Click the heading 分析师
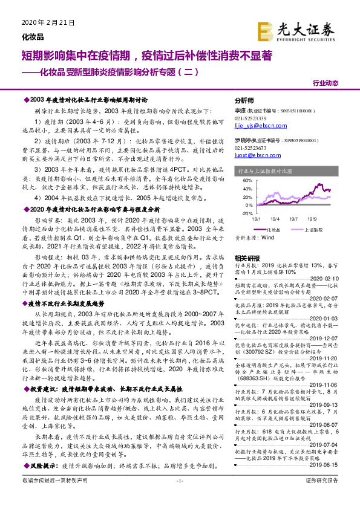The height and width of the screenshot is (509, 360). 244,100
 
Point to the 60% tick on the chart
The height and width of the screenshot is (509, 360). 247,180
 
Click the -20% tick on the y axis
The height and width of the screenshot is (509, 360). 247,213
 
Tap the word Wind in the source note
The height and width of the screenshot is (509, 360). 267,238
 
